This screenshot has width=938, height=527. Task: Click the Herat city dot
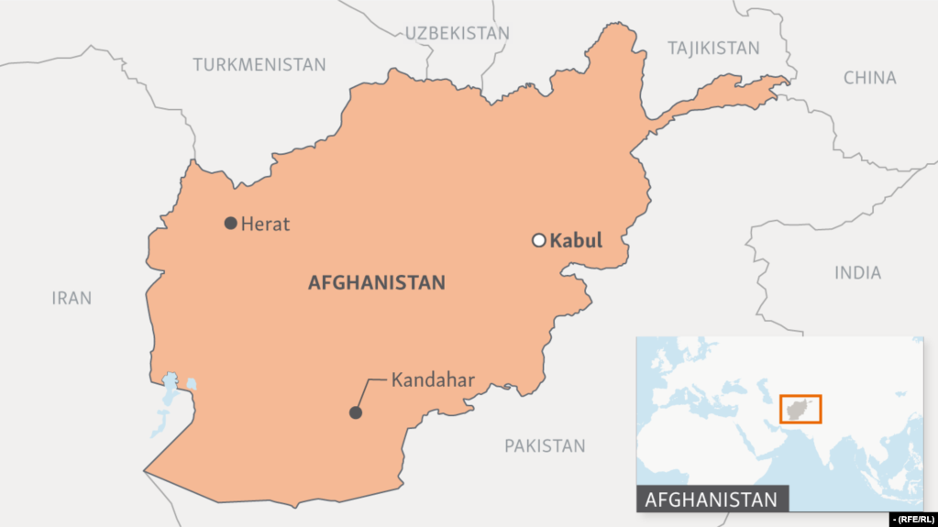[230, 223]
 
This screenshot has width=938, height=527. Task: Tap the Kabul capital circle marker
[539, 241]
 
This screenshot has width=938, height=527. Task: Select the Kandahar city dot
[356, 412]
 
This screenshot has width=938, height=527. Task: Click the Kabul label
[576, 241]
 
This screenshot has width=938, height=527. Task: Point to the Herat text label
[265, 224]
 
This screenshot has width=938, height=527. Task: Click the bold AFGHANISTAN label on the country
[376, 282]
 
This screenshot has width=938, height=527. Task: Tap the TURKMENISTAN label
[259, 64]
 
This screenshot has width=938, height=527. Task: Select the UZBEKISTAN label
[457, 33]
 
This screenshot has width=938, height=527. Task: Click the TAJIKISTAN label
[713, 48]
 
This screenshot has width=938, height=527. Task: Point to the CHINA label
[869, 78]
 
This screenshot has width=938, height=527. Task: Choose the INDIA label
[857, 272]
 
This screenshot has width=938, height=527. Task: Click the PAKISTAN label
[544, 445]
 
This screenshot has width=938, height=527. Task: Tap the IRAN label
[72, 298]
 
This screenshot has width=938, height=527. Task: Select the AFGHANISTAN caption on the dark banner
[712, 500]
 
